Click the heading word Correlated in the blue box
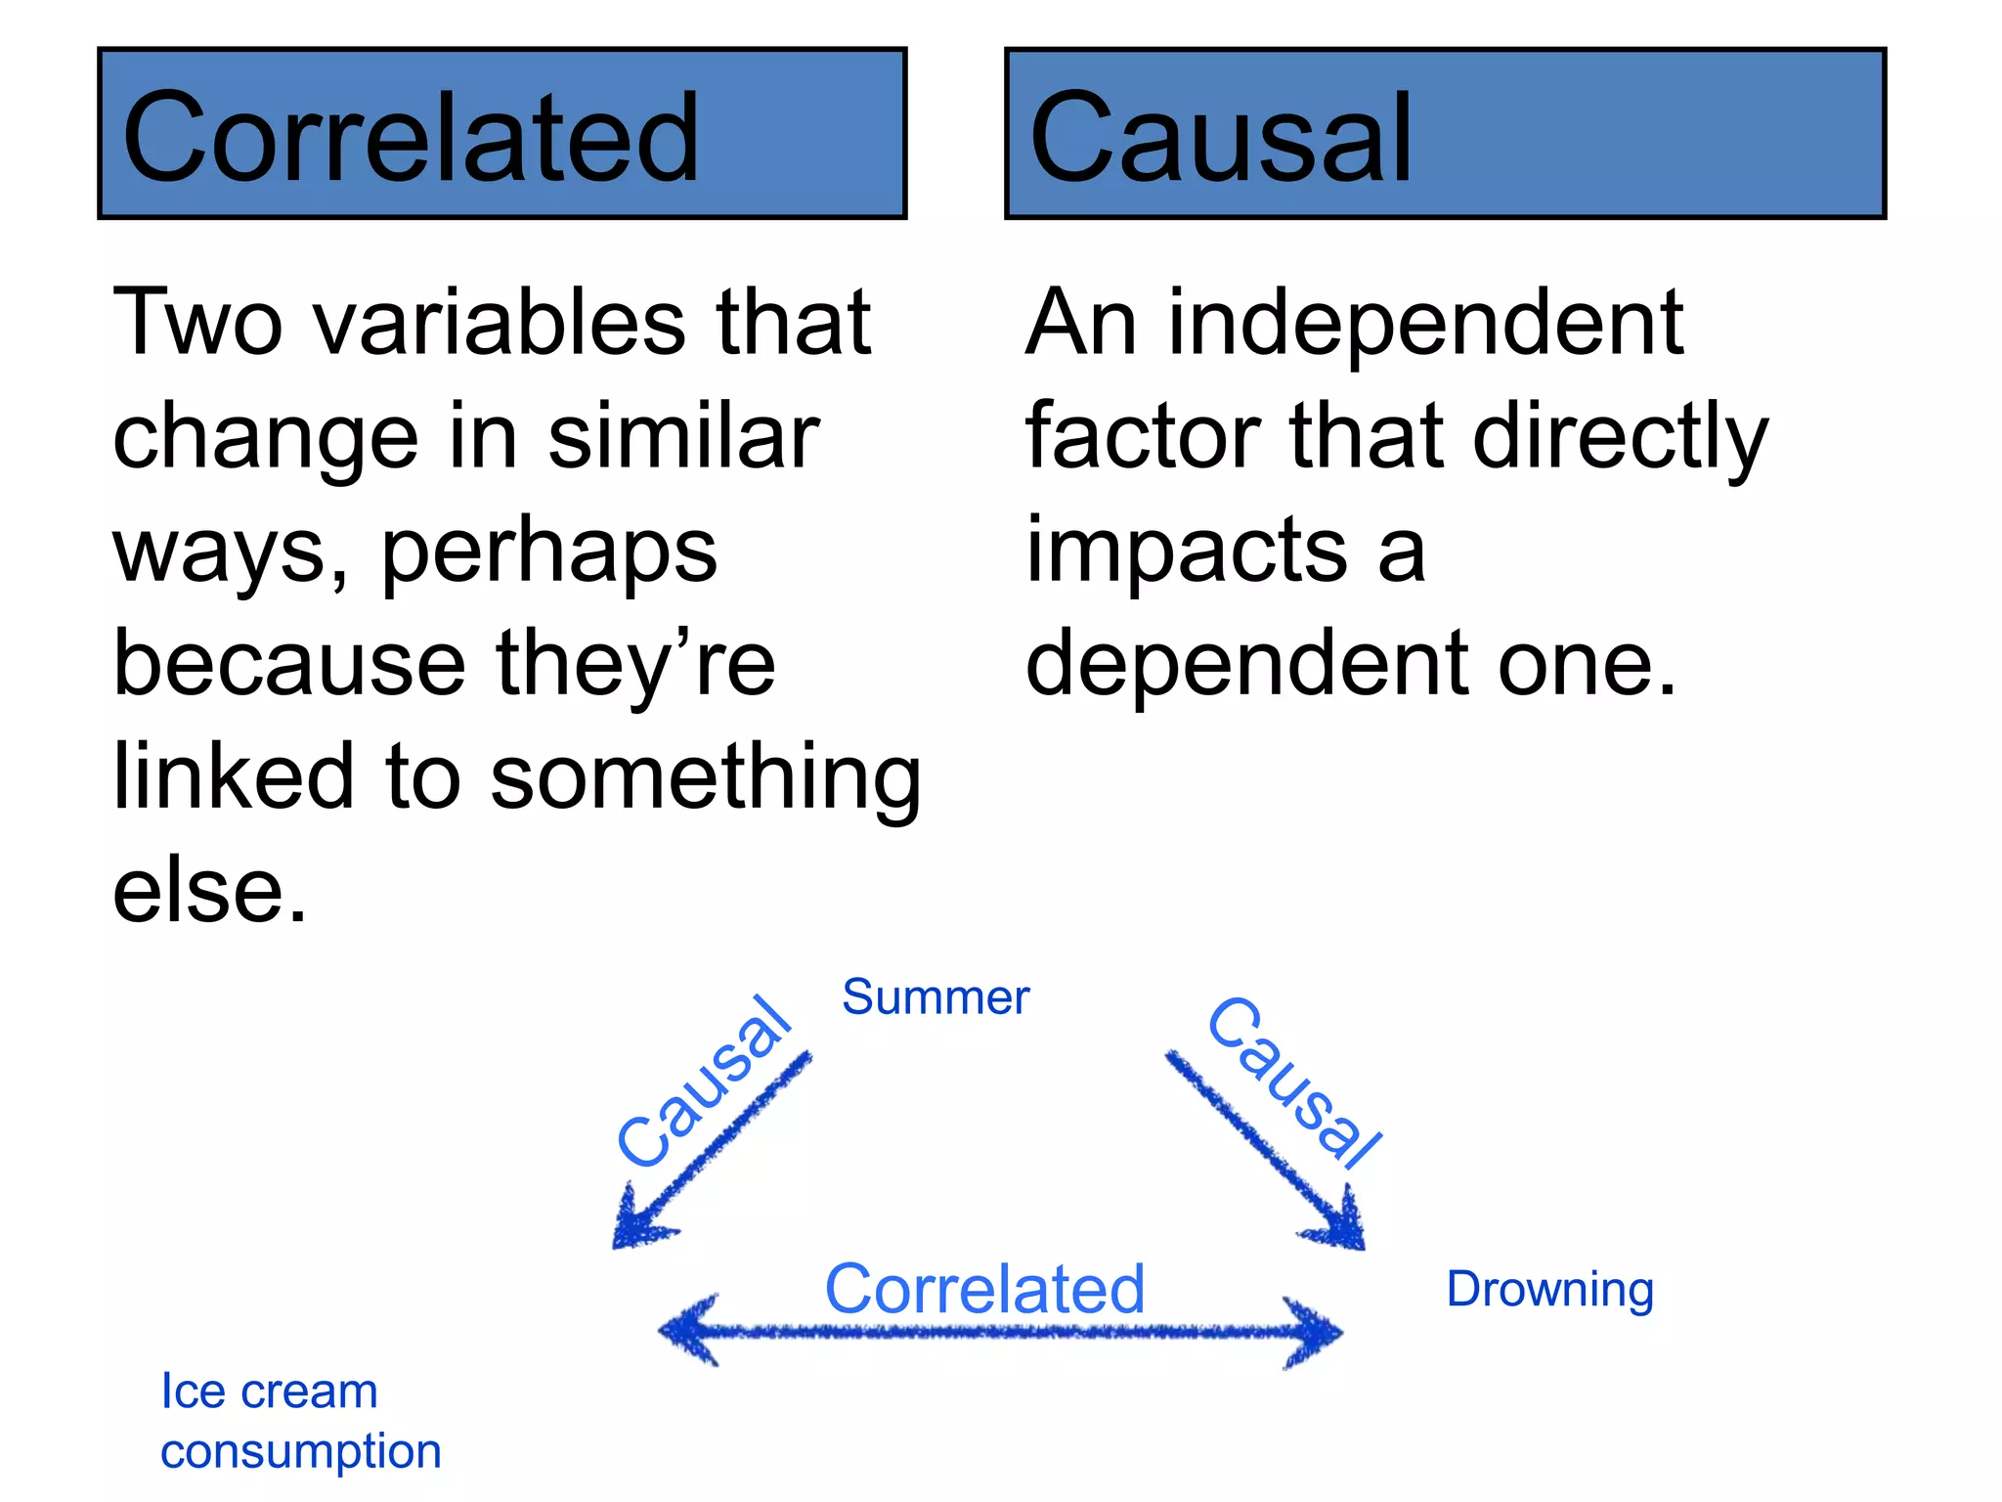(411, 137)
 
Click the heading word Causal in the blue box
(1220, 137)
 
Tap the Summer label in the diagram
(936, 997)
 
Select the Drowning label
(1549, 1290)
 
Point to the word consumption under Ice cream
(300, 1451)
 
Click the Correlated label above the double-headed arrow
(984, 1289)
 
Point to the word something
(705, 777)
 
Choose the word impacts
(1186, 550)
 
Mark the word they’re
(635, 664)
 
